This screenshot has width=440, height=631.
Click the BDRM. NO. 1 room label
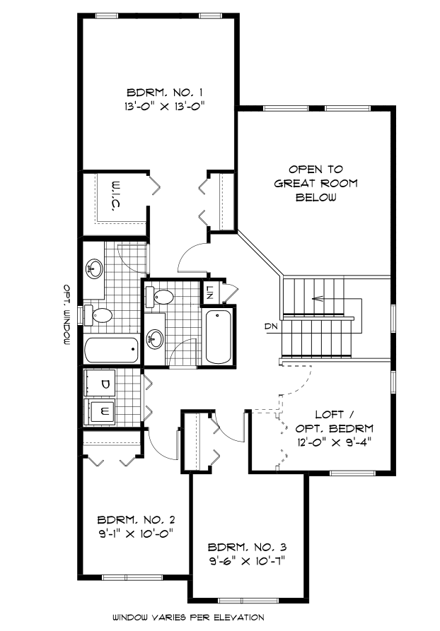coord(156,92)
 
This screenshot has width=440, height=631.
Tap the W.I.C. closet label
coord(112,194)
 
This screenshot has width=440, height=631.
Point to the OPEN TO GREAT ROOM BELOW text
coord(315,183)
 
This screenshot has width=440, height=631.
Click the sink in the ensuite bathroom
coord(94,268)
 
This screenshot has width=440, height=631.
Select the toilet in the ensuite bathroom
coord(100,314)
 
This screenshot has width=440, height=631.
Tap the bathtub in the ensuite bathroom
coord(111,349)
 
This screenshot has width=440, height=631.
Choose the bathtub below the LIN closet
coord(219,336)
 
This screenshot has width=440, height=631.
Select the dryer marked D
coord(105,384)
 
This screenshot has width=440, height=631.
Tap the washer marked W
coord(105,411)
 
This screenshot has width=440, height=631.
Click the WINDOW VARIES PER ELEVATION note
coord(188,617)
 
